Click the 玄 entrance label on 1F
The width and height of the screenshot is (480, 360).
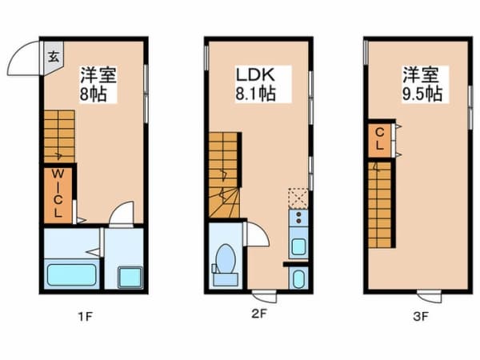(x=52, y=56)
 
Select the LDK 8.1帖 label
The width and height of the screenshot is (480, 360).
(x=255, y=84)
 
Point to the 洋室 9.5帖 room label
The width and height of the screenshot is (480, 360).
(x=422, y=84)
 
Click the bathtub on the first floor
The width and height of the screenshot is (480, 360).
(x=70, y=274)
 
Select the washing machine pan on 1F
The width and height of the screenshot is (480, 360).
(x=127, y=277)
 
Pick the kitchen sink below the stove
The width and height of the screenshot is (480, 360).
(x=298, y=245)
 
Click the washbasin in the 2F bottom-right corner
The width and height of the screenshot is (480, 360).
(x=298, y=278)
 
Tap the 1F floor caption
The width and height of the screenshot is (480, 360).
(x=86, y=316)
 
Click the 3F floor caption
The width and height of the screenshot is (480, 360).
(x=421, y=316)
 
